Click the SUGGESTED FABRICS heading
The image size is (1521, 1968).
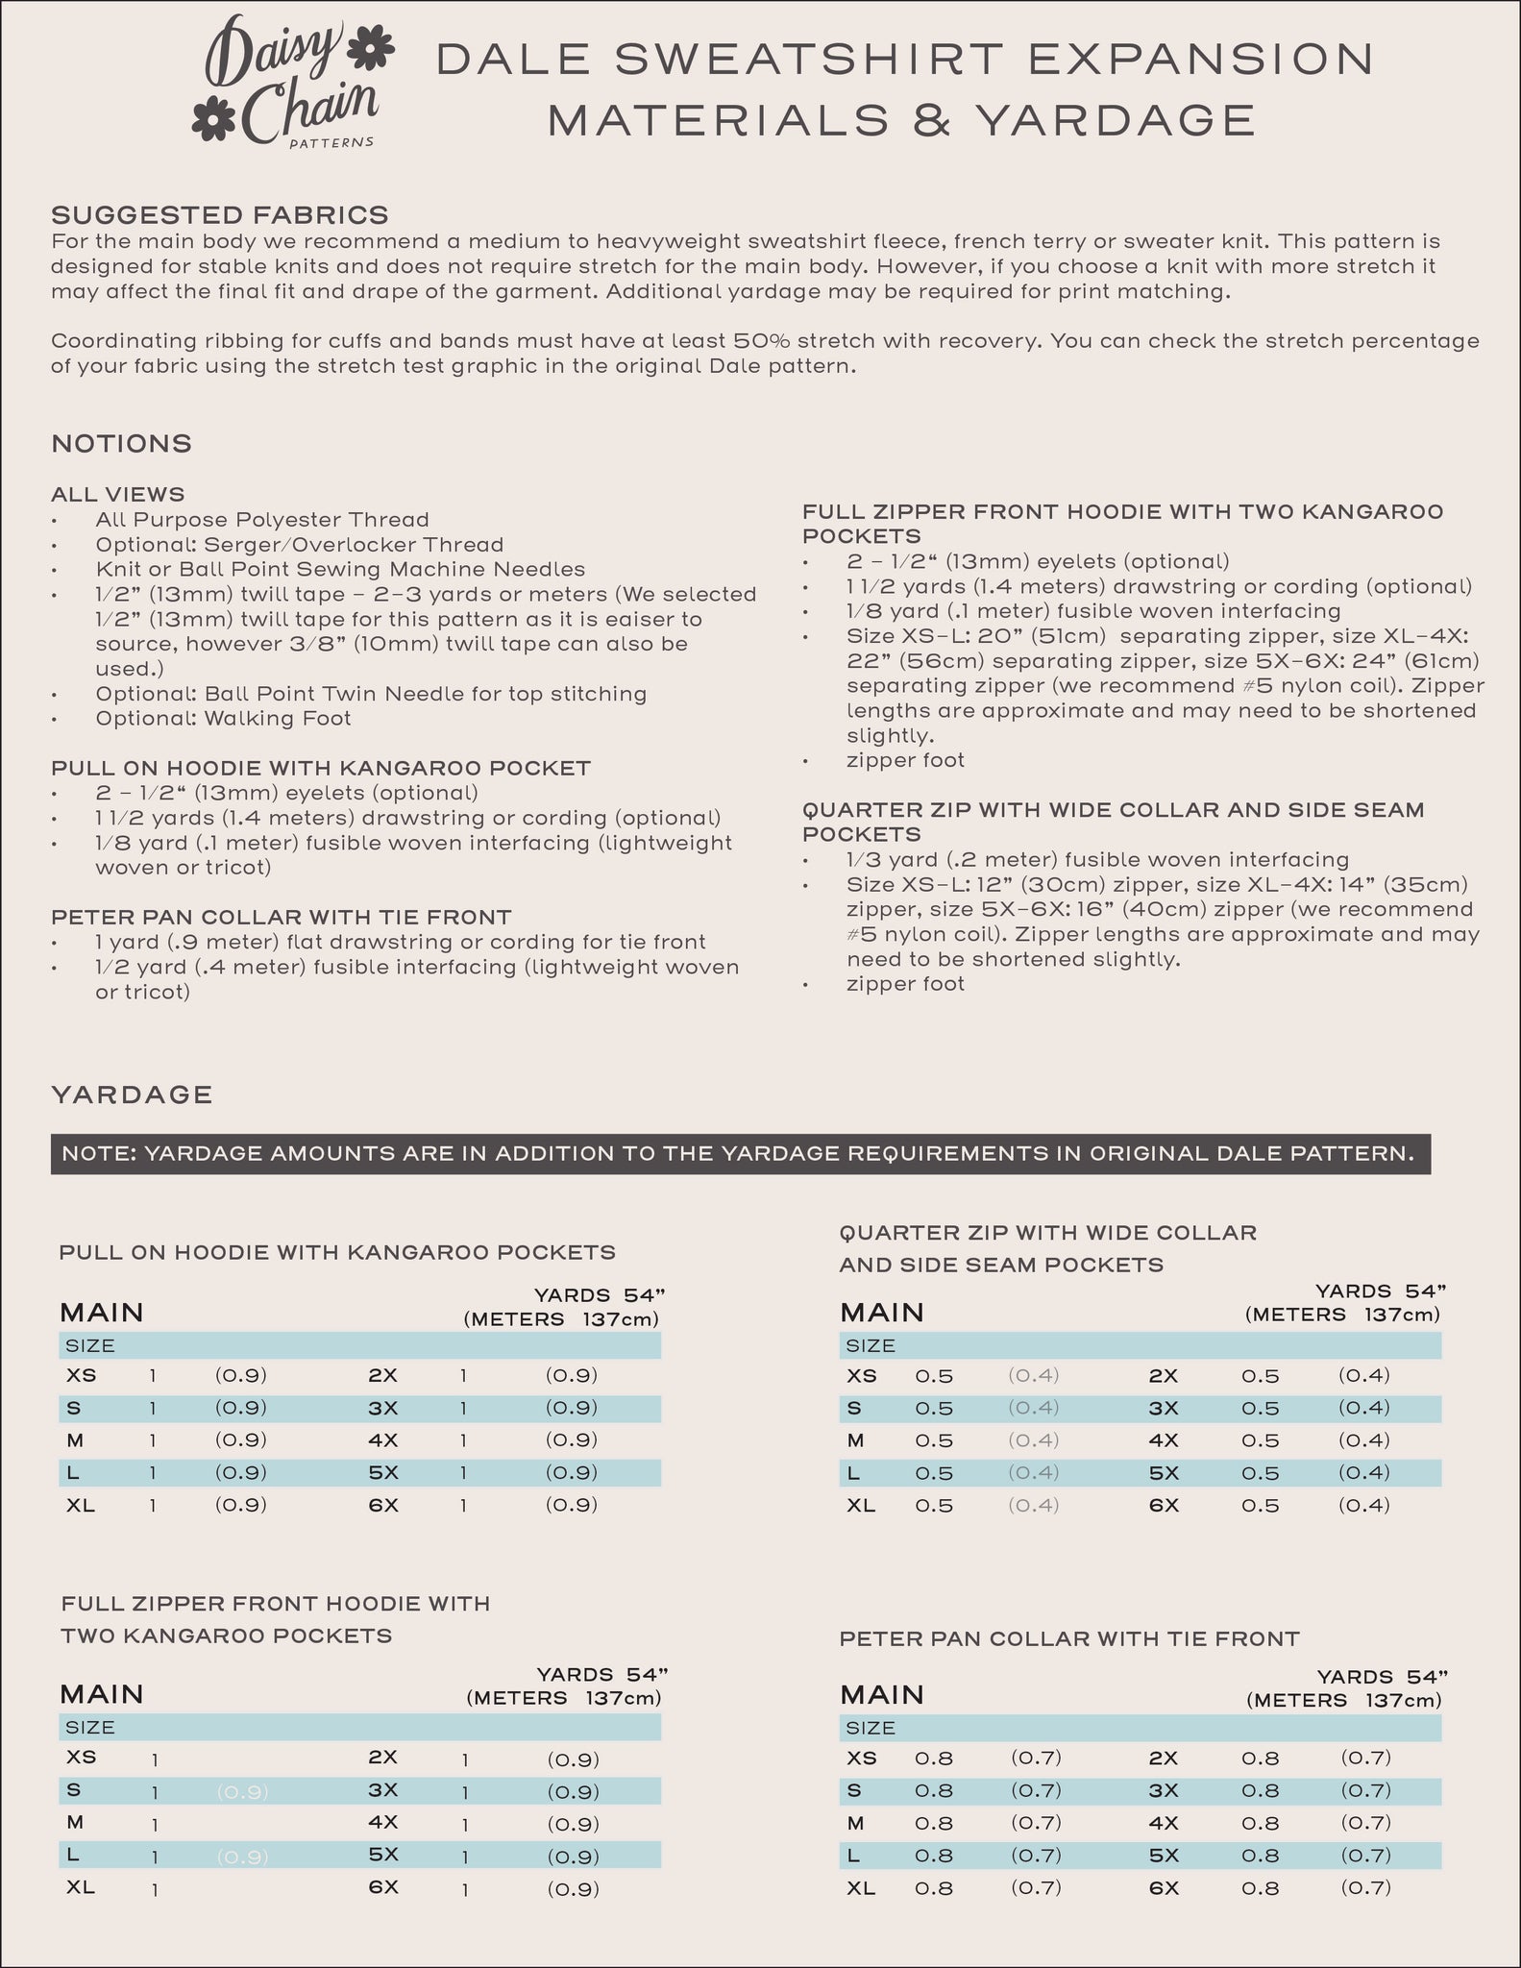[x=220, y=213]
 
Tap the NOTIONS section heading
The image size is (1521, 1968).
[x=122, y=444]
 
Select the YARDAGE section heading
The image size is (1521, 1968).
[x=132, y=1095]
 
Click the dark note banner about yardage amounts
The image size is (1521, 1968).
[x=740, y=1154]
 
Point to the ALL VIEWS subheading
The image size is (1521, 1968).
[x=118, y=495]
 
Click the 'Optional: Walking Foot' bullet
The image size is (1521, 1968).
[x=223, y=718]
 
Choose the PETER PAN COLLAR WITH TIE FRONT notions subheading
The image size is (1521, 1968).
[x=281, y=917]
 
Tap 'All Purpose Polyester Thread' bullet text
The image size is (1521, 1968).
[x=262, y=520]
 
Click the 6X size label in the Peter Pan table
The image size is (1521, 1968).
[x=1164, y=1887]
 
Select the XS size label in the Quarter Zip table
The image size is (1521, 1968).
[x=861, y=1375]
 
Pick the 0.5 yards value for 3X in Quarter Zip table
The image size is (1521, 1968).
[x=1260, y=1408]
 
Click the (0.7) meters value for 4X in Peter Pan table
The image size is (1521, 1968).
[x=1365, y=1822]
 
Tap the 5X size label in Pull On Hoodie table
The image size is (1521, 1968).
[x=382, y=1472]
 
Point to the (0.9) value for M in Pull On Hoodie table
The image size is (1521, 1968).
[x=240, y=1439]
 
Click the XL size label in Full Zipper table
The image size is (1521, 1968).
[x=81, y=1887]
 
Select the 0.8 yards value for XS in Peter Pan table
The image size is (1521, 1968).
[x=934, y=1758]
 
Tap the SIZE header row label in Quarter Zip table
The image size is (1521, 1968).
[x=871, y=1345]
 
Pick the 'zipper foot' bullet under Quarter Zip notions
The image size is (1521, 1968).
[x=905, y=983]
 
